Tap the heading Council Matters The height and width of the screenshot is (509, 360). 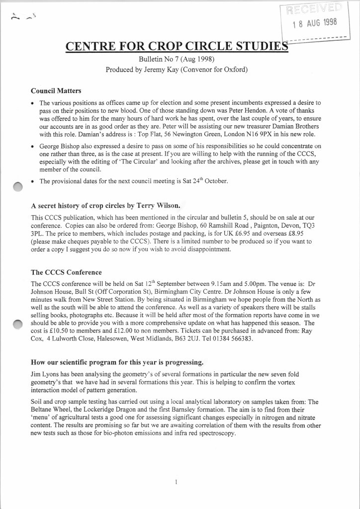pyautogui.click(x=56, y=91)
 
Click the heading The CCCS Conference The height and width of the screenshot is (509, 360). pyautogui.click(x=66, y=272)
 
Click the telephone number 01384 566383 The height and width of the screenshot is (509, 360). pyautogui.click(x=232, y=339)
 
